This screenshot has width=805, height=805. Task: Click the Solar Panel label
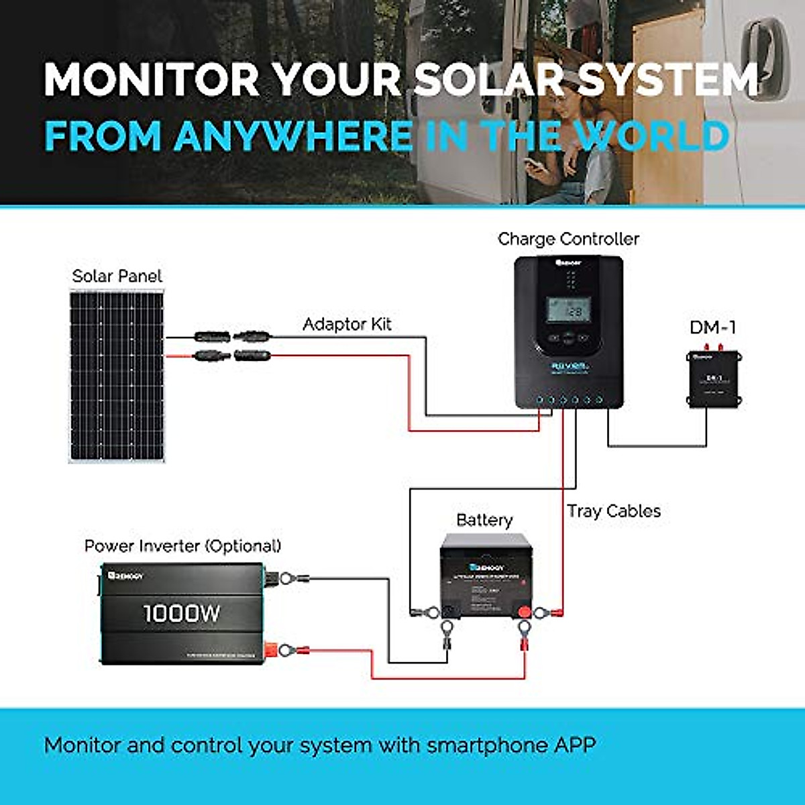pos(117,276)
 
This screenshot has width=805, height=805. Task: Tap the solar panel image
pos(117,376)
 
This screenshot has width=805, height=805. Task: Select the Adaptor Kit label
pos(347,325)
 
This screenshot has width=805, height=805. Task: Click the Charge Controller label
pos(568,239)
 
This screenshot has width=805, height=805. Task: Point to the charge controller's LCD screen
pos(568,309)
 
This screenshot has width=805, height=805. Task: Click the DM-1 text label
pos(713,327)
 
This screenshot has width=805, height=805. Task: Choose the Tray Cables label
pos(614,511)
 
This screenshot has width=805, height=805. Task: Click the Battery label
pos(484,520)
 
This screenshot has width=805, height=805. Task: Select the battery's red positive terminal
pos(523,611)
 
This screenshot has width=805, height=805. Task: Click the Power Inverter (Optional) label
pos(182,546)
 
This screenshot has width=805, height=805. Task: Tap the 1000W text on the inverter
pos(181,613)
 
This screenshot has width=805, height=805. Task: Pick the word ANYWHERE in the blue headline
pos(294,136)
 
